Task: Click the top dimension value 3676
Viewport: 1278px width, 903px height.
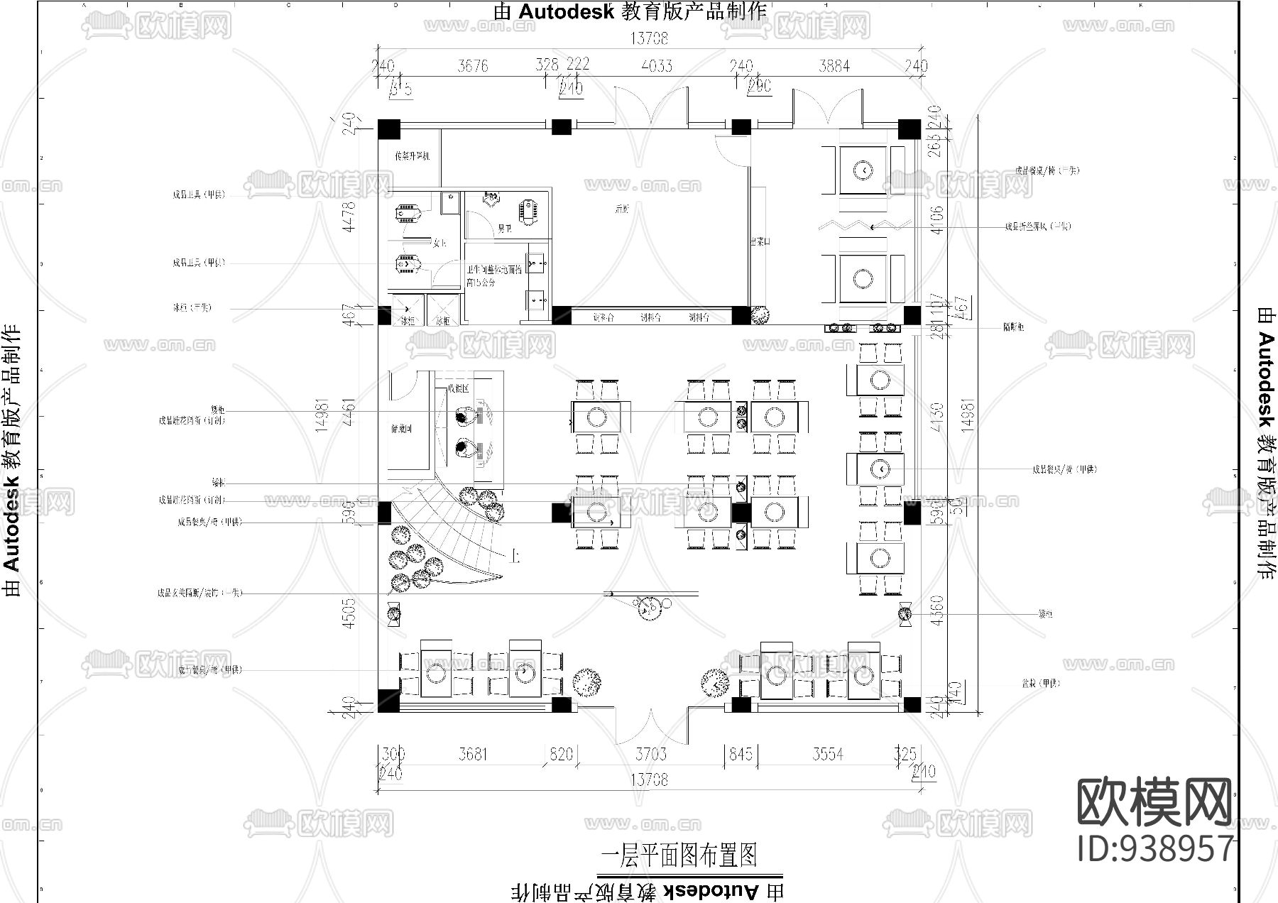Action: pos(473,66)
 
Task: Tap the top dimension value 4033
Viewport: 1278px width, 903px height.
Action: pos(657,66)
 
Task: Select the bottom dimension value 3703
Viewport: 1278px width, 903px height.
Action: pos(650,753)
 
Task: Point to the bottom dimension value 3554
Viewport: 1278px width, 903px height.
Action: pos(828,753)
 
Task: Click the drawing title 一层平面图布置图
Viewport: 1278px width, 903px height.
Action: pos(679,855)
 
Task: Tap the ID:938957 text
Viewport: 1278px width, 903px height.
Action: pos(1155,848)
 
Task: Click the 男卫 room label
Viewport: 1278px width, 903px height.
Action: pos(504,229)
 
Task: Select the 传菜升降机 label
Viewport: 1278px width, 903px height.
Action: pos(413,155)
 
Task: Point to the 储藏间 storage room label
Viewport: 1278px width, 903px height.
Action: pos(401,429)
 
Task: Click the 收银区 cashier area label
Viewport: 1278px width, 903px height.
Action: pos(458,389)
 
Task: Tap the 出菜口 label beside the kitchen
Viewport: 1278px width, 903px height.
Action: pos(760,242)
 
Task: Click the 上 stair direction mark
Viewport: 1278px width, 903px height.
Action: pos(514,557)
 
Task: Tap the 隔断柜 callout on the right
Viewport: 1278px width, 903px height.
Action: pos(1013,327)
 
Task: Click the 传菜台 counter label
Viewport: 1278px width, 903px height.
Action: pos(603,317)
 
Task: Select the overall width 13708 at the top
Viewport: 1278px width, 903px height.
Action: pos(649,38)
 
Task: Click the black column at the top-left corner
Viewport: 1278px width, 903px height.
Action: pos(388,129)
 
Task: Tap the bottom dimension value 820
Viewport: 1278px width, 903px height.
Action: pos(561,753)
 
